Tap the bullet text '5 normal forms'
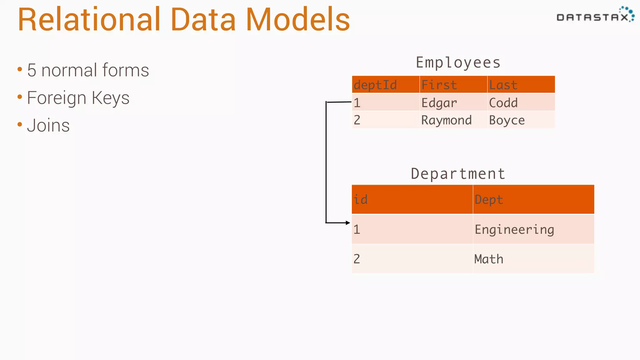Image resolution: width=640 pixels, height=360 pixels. tap(88, 70)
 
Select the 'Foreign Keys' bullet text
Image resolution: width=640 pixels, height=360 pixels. tap(78, 98)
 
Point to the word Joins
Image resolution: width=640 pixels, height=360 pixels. tap(48, 125)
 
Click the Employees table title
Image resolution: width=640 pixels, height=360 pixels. tap(458, 62)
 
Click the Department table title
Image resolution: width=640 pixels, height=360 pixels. tap(458, 174)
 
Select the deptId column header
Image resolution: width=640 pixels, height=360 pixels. tap(375, 85)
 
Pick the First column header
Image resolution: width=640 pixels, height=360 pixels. tap(439, 85)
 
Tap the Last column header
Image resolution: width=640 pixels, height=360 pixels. tap(503, 85)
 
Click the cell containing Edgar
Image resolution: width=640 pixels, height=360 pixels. tap(439, 103)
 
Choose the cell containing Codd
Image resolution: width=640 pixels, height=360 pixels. tap(503, 103)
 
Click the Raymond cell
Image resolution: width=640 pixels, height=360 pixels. tap(446, 120)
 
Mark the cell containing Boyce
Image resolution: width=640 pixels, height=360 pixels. tap(507, 120)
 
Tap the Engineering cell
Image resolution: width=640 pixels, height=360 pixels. tap(514, 229)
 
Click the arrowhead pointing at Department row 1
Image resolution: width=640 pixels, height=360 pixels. tap(348, 223)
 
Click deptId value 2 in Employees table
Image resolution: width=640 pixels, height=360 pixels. tap(357, 120)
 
